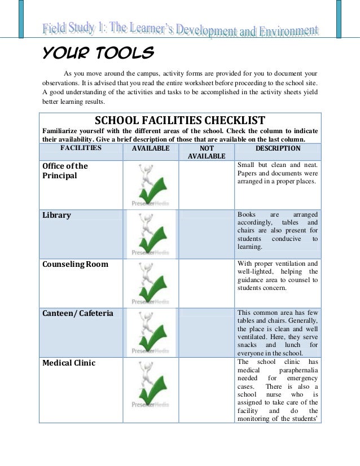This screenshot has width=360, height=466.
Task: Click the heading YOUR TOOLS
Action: point(98,54)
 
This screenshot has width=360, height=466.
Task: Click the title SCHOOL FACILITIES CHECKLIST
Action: point(180,120)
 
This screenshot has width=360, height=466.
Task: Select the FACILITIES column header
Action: point(81,148)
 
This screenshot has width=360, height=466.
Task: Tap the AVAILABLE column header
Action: point(151,148)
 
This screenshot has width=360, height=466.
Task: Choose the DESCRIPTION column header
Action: point(278,148)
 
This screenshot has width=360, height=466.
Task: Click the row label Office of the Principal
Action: point(65,171)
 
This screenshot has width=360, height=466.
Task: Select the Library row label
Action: point(57,215)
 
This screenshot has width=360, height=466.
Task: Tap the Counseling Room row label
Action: point(76,264)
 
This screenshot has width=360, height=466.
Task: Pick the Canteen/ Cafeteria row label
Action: point(78,313)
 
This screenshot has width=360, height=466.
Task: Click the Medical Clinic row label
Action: point(69,363)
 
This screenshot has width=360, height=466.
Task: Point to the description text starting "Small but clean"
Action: point(278,173)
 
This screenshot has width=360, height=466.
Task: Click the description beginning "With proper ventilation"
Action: point(278,275)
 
